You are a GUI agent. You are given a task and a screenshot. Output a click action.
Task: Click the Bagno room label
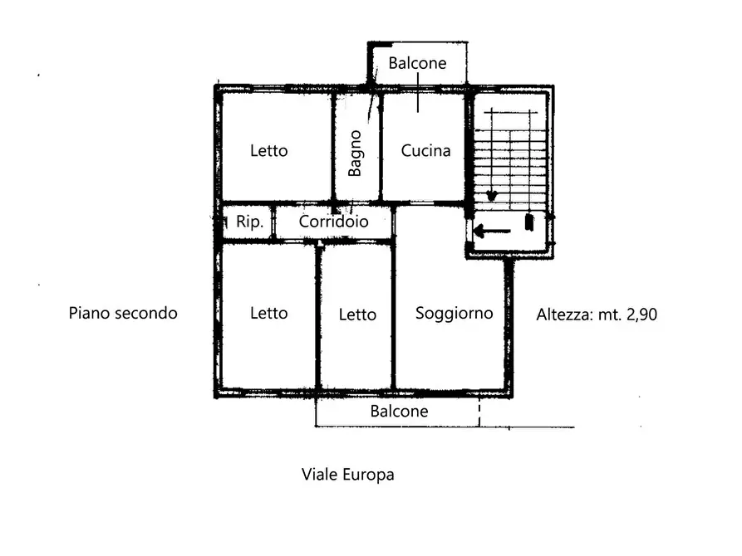tap(355, 154)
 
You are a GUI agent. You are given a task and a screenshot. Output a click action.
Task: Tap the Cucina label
tap(425, 150)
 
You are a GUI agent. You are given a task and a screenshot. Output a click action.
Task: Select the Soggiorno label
tap(454, 314)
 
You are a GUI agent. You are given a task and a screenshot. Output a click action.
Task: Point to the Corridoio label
tap(334, 222)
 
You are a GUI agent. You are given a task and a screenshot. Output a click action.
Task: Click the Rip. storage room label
tap(249, 222)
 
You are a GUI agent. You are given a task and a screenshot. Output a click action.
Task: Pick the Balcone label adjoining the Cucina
tap(417, 63)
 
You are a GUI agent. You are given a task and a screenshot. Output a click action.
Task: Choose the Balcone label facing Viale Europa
tap(399, 411)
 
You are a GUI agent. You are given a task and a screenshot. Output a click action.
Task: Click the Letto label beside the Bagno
tap(268, 150)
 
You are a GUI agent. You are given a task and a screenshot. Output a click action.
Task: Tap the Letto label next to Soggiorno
tap(357, 315)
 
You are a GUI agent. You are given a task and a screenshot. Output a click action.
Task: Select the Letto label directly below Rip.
tap(268, 313)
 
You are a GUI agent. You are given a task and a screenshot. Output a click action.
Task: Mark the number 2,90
tap(641, 315)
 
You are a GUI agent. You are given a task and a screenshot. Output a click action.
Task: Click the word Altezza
tap(564, 315)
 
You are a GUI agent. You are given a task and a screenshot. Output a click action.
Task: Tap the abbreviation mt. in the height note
tap(610, 315)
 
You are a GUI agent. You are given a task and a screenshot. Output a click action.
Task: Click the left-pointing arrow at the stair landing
tap(492, 232)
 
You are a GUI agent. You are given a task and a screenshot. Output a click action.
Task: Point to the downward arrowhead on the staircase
tap(492, 195)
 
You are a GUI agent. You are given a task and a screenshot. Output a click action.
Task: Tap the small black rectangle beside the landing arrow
tap(529, 222)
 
